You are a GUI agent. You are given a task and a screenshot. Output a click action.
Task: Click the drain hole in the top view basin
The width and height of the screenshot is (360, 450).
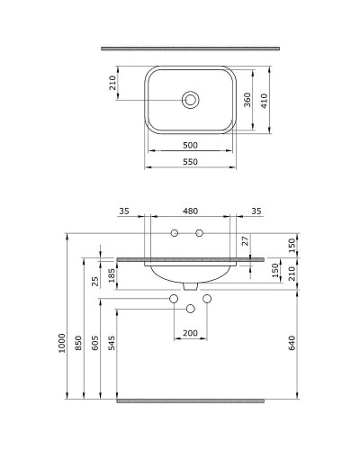point(190,100)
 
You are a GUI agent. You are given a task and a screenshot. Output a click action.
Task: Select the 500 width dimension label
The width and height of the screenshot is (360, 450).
point(190,145)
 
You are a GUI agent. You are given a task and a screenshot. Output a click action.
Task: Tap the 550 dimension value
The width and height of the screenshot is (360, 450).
point(190,163)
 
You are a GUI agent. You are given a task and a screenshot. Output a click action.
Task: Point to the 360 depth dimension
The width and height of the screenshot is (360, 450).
point(247,100)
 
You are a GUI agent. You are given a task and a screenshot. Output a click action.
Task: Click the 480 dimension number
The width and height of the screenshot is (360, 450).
point(190,212)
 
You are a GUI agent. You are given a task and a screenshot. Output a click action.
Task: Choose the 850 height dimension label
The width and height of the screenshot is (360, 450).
point(79,342)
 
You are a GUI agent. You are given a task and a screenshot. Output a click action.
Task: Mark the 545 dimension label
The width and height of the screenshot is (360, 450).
point(112,344)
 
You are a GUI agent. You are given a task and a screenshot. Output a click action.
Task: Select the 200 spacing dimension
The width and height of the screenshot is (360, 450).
point(190,333)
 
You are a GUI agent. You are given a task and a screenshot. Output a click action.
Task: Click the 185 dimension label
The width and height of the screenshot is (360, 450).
point(112,274)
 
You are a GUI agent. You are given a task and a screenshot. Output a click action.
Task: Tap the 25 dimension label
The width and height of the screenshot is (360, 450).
point(95,281)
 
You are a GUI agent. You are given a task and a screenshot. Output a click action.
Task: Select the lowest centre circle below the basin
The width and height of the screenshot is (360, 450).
point(190,309)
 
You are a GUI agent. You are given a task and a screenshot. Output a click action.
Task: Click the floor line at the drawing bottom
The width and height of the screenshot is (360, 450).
point(190,398)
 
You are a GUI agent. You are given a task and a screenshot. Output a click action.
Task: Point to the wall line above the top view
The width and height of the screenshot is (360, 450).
point(190,46)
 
